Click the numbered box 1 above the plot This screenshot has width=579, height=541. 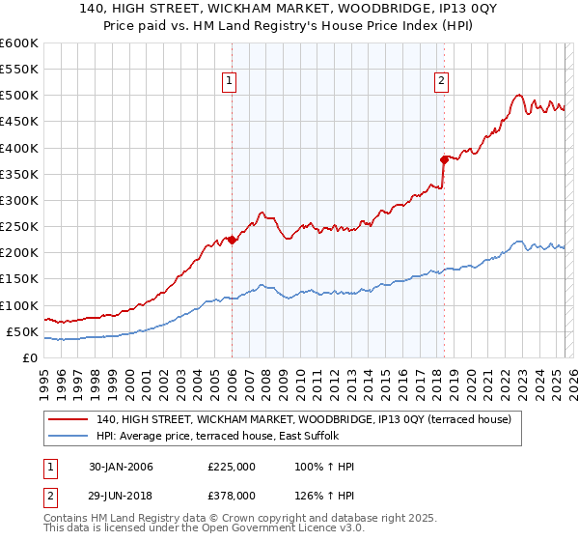[x=231, y=82]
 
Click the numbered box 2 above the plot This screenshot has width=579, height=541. [x=441, y=82]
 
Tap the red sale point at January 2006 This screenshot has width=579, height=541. [x=233, y=240]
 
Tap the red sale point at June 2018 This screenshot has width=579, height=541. [x=444, y=158]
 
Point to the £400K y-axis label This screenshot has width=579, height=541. [x=19, y=148]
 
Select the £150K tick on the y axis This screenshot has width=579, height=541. [x=19, y=279]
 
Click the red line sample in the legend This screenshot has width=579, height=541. [x=69, y=419]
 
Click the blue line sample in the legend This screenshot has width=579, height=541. [x=69, y=437]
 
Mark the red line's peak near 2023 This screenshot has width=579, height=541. [x=519, y=95]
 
